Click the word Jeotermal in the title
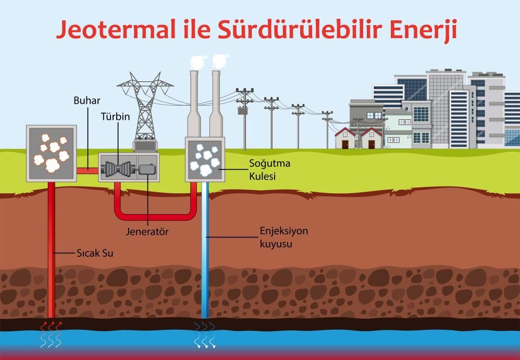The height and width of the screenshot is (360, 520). (116, 29)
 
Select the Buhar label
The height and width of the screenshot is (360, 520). (87, 101)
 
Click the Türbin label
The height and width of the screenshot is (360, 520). (115, 117)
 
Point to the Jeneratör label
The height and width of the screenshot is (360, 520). (147, 231)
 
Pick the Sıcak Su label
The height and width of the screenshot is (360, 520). (95, 253)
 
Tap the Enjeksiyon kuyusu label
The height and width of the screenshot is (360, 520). (284, 238)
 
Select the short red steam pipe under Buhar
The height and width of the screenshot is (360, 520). (88, 171)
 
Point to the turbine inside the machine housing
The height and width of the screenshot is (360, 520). (117, 169)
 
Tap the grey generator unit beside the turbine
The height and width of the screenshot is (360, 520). (147, 169)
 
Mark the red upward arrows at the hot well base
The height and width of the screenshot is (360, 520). (52, 326)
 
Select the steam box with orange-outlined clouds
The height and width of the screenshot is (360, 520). (52, 154)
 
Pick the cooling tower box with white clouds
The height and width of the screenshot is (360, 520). (205, 160)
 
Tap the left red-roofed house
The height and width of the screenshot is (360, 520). (345, 138)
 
